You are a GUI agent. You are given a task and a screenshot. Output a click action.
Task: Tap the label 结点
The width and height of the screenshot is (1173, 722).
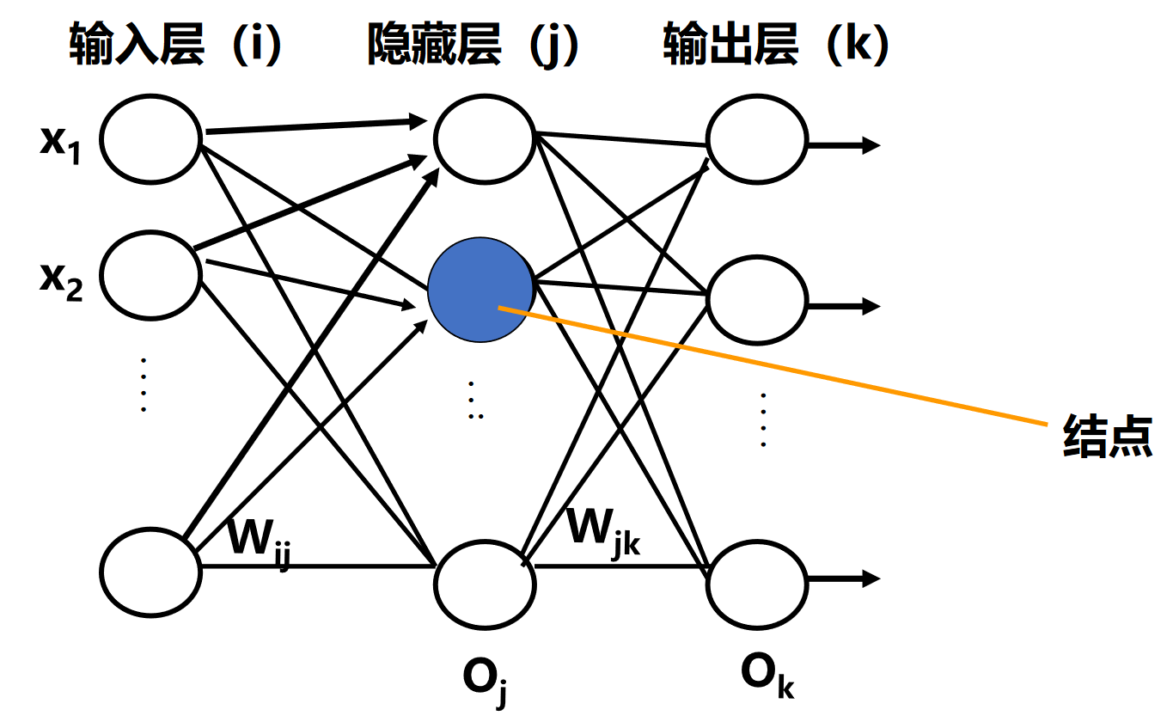[1107, 436]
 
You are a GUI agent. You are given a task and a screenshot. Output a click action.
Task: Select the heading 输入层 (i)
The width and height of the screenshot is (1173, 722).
[176, 46]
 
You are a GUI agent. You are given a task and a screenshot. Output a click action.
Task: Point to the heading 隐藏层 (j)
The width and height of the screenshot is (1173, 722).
[473, 46]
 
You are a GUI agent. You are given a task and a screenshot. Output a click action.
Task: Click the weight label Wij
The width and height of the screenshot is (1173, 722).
[257, 541]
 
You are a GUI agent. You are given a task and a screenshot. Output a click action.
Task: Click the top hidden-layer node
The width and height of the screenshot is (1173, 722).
[485, 138]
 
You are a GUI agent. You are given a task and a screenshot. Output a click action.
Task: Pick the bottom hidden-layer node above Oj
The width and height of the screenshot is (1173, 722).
[485, 583]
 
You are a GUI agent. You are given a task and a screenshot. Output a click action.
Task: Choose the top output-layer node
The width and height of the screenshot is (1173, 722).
[757, 138]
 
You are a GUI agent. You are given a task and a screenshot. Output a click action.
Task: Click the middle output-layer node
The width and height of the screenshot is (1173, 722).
[757, 300]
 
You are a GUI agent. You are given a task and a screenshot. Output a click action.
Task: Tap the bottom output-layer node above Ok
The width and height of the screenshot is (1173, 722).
[757, 583]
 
